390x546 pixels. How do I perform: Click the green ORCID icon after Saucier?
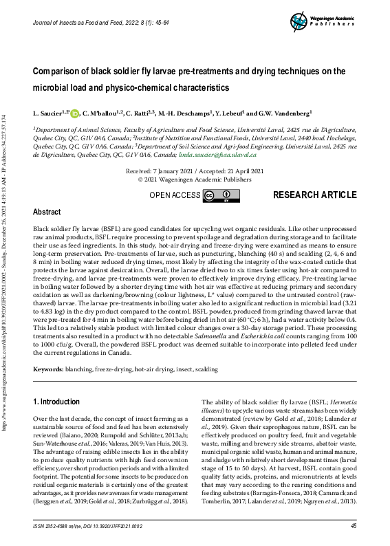[x=74, y=113]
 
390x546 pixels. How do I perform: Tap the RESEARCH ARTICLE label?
[x=314, y=195]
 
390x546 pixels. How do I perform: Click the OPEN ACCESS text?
[x=175, y=196]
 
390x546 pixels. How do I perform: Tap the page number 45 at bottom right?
[x=353, y=525]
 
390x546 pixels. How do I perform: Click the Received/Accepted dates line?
[x=194, y=170]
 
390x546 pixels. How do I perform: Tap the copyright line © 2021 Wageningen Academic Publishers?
[x=194, y=179]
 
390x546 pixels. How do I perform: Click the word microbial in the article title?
[x=59, y=88]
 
